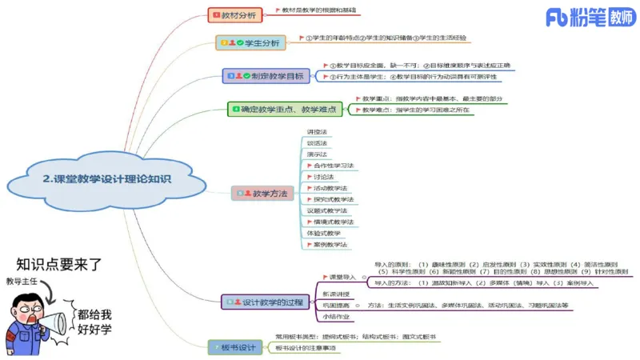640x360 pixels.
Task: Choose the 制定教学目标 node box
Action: click(266, 76)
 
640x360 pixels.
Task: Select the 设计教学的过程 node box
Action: click(266, 302)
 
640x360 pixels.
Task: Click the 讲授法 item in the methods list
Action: click(318, 132)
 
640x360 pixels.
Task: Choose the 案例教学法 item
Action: click(329, 244)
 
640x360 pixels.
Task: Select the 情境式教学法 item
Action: click(333, 222)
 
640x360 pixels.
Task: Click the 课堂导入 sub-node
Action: click(341, 277)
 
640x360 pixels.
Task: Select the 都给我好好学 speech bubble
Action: click(94, 322)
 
